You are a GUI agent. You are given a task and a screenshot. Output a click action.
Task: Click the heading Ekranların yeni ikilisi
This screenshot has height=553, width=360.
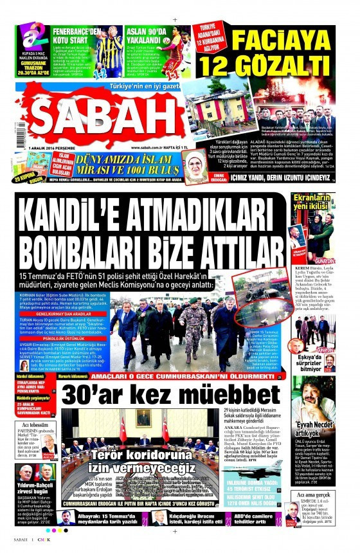313,201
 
